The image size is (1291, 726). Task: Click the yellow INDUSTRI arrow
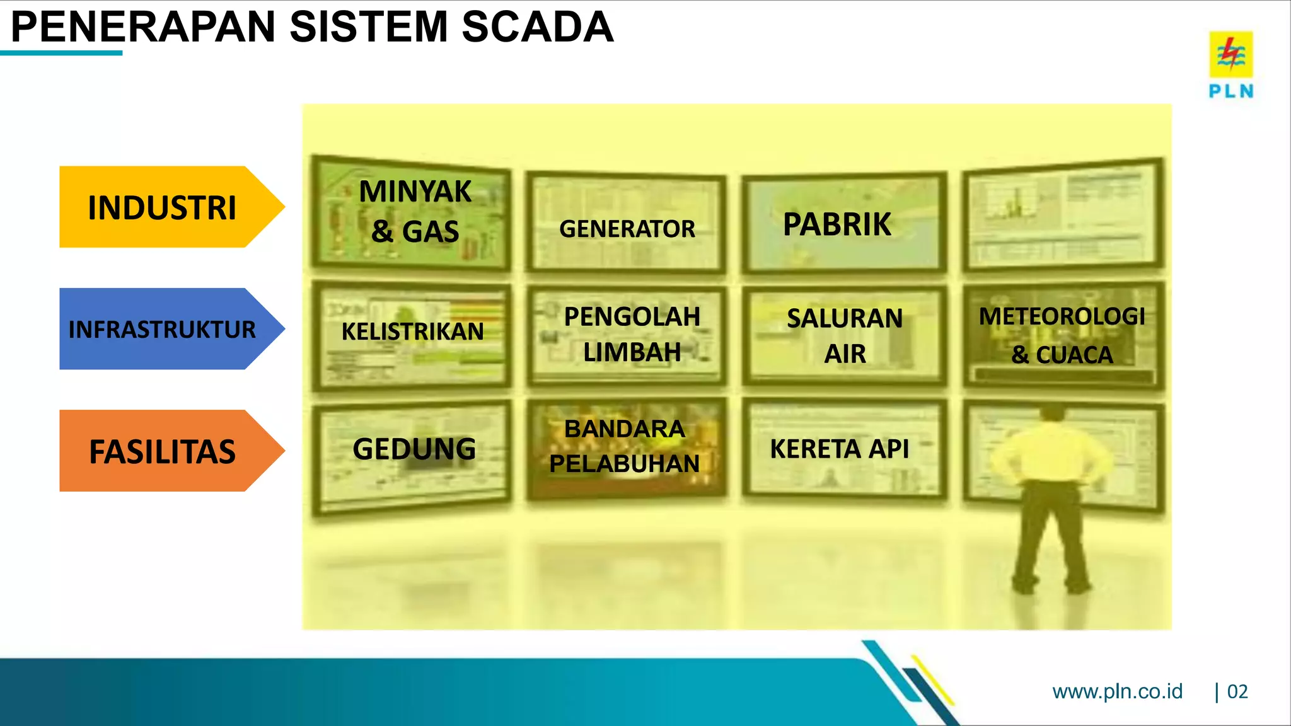click(163, 207)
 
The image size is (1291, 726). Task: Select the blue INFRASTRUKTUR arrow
click(163, 329)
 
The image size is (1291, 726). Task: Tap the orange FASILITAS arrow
click(163, 451)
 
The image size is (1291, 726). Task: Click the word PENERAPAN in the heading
click(144, 27)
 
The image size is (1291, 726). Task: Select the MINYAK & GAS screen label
click(415, 211)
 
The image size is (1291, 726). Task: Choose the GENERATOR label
click(627, 229)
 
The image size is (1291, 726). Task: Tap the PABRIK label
click(837, 224)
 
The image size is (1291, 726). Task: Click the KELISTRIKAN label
click(413, 331)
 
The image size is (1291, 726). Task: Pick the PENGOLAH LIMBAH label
click(632, 334)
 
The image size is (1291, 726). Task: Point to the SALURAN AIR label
click(845, 336)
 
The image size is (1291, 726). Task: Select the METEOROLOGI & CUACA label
click(1062, 335)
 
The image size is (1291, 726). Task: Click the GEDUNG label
click(414, 449)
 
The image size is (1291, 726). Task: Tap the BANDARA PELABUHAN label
click(625, 446)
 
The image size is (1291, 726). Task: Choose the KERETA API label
click(840, 449)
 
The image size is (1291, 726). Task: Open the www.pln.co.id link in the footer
click(1118, 691)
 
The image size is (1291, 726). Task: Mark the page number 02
click(1237, 691)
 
